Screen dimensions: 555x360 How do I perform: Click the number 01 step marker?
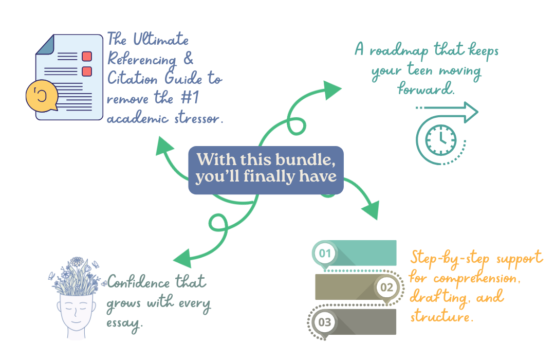325,253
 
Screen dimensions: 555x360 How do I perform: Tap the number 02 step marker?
386,287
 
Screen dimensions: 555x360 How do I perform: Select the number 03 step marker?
325,322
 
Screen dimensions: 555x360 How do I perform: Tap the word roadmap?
398,50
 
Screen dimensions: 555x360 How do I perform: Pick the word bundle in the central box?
308,159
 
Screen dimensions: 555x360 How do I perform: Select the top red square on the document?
87,56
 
